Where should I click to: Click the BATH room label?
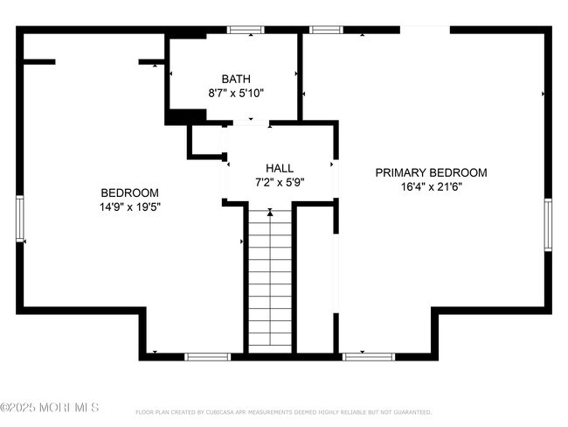(x=235, y=79)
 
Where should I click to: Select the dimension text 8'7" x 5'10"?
(x=235, y=92)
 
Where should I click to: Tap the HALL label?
(x=280, y=168)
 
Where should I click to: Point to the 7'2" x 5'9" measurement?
(x=280, y=182)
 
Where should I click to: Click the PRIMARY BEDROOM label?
(x=431, y=172)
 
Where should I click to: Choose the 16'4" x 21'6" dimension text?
(x=431, y=186)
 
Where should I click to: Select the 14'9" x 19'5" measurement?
(x=129, y=207)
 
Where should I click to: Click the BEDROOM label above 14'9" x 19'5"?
(x=129, y=193)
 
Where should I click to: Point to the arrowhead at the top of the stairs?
(x=270, y=212)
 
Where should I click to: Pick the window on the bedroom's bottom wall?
(x=207, y=357)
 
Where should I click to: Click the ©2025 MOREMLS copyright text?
(x=50, y=408)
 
